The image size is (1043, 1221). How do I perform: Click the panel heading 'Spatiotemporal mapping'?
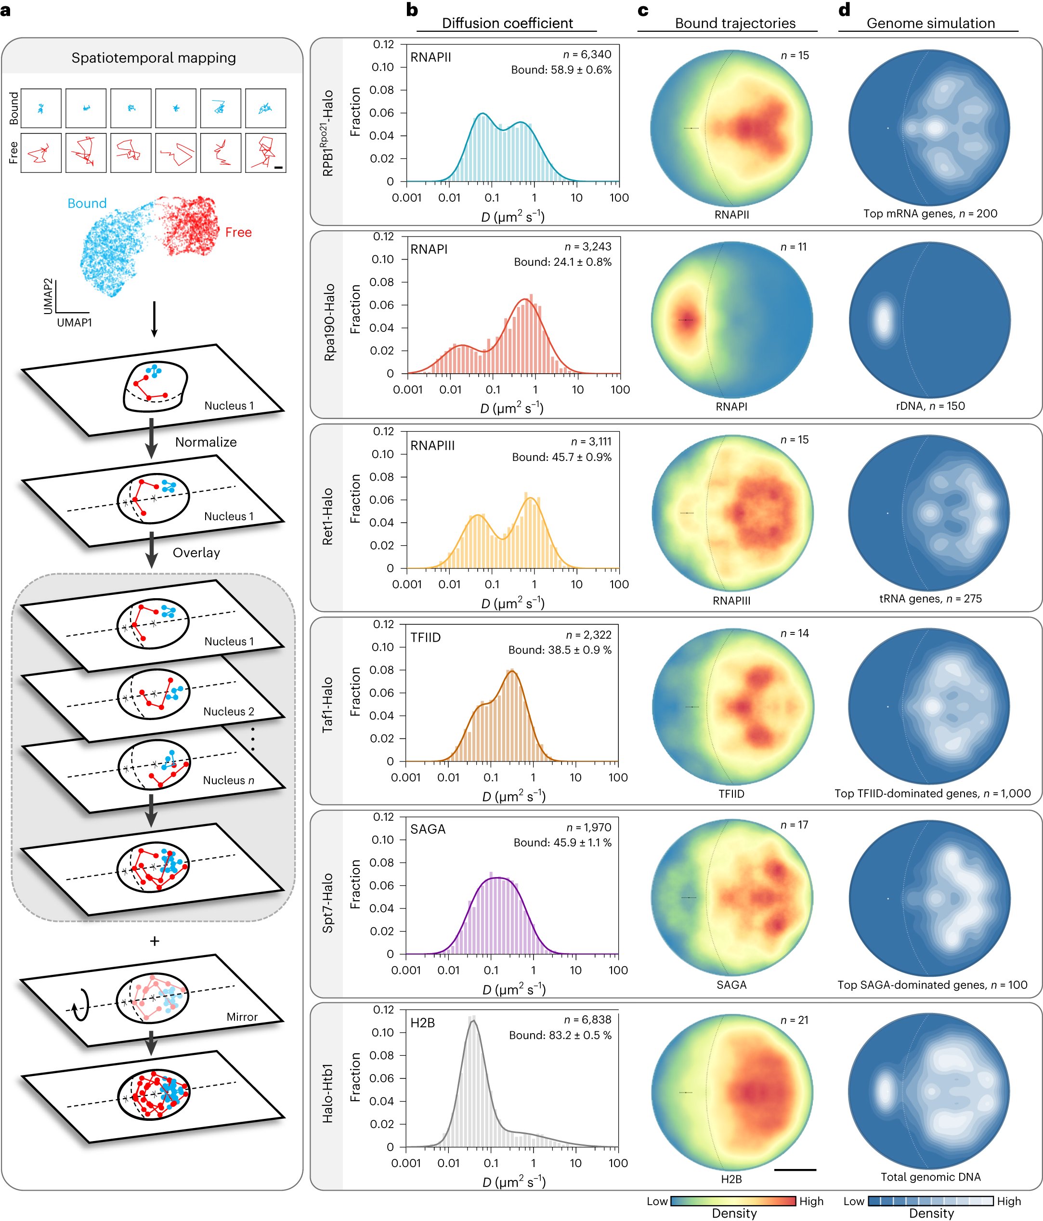153,58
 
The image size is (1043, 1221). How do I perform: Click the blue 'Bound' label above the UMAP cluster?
87,203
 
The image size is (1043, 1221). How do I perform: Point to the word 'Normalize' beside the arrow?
206,442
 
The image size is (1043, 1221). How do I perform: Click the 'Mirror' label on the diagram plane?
242,1016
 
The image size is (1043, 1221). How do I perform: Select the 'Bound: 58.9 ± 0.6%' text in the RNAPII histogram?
561,69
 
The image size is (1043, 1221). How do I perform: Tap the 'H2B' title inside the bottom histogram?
422,1023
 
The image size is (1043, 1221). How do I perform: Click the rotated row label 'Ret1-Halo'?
327,516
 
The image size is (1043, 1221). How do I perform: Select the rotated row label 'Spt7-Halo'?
327,903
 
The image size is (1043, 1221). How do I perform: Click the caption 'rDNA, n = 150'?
930,406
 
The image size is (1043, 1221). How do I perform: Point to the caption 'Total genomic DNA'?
930,1177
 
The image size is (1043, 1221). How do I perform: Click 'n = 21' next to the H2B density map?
795,1020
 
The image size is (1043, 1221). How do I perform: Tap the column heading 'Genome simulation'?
930,23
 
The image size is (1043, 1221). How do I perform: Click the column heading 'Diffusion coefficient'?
508,23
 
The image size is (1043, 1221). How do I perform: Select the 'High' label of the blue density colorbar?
1009,1201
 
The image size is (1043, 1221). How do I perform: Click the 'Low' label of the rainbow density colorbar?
657,1201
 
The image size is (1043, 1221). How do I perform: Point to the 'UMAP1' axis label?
74,322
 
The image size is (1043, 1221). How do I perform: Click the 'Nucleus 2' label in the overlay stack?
229,711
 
